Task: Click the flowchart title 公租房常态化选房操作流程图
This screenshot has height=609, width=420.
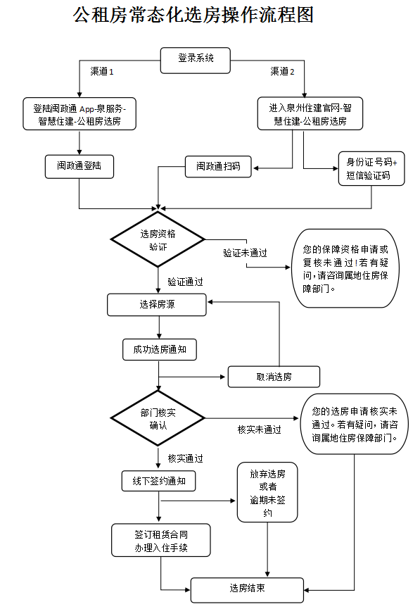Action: click(193, 15)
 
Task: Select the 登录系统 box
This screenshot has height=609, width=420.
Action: click(196, 61)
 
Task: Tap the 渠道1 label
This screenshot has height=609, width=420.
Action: click(102, 72)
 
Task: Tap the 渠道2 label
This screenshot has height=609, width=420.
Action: click(282, 72)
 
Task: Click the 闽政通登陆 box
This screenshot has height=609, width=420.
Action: click(79, 167)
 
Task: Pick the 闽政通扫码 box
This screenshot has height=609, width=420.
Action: click(218, 167)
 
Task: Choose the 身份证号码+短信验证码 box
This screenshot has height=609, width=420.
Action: click(371, 168)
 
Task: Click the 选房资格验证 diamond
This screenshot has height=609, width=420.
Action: click(158, 239)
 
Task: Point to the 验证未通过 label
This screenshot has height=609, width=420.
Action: click(246, 253)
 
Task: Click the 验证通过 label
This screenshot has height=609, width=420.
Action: click(185, 282)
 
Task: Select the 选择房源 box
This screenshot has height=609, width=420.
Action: click(157, 304)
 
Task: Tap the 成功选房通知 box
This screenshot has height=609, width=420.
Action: click(160, 349)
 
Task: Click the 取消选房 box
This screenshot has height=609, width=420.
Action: click(274, 377)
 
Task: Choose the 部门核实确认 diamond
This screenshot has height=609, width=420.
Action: click(158, 418)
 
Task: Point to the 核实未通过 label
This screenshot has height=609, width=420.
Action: click(260, 429)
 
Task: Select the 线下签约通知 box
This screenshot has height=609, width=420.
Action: click(159, 482)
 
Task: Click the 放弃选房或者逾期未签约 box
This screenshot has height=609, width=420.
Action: click(267, 492)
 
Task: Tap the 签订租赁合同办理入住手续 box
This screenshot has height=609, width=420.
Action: click(161, 540)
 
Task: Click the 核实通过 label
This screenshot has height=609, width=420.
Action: click(185, 458)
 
